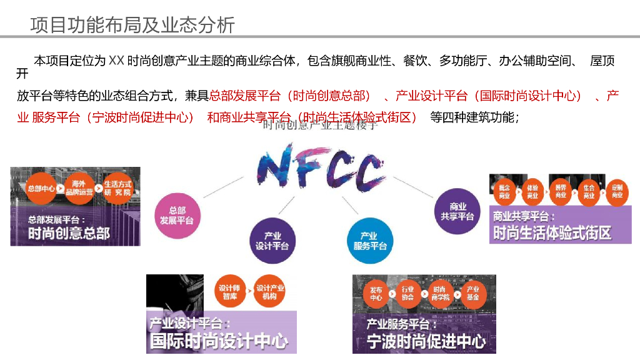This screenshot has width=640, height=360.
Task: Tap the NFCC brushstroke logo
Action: (319, 167)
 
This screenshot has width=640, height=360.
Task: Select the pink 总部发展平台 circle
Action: (177, 216)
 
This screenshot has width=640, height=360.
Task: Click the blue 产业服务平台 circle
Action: (370, 241)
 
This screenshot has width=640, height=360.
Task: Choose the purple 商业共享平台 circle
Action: (457, 211)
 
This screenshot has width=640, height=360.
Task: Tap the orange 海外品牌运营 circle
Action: (79, 188)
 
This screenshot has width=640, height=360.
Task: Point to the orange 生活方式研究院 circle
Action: (117, 188)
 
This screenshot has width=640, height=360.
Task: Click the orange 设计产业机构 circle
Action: (270, 292)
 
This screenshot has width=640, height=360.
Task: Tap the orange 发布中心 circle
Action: (376, 293)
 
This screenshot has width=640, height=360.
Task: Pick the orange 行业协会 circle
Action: (408, 293)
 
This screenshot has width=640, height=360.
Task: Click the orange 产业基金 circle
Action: (473, 293)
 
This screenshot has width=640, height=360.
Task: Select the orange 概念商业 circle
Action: (504, 191)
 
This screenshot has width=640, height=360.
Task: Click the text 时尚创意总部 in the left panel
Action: (69, 234)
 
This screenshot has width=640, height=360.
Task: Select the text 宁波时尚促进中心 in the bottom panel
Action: (426, 341)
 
